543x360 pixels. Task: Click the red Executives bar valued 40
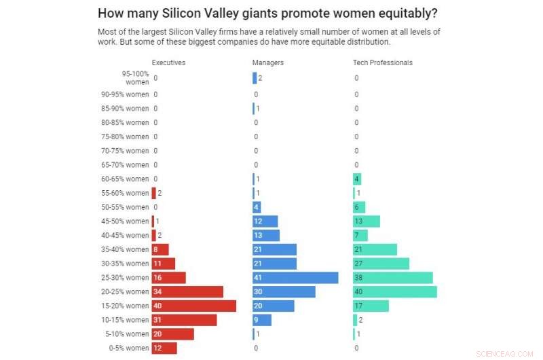[x=193, y=306]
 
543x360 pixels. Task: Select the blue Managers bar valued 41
[x=295, y=278]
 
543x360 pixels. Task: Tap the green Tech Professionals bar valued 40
[x=394, y=291]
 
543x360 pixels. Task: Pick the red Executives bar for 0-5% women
[x=164, y=348]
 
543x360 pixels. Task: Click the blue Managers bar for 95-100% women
[x=255, y=78]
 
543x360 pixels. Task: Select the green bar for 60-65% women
[x=357, y=179]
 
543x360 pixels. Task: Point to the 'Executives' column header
[x=168, y=62]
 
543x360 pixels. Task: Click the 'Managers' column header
[x=268, y=62]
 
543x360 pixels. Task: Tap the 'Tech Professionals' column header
[x=383, y=62]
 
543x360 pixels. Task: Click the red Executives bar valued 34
[x=187, y=291]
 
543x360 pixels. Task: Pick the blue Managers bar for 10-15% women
[x=262, y=320]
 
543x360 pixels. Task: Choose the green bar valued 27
[x=381, y=264]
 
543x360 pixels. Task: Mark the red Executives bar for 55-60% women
[x=153, y=193]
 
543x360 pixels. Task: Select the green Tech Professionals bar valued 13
[x=367, y=221]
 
